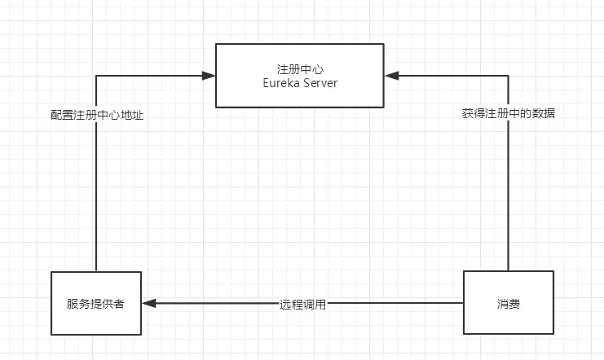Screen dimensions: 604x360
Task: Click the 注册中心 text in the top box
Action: [x=300, y=69]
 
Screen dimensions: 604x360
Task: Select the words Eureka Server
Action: [x=300, y=83]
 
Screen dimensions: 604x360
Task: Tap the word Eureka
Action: [x=281, y=83]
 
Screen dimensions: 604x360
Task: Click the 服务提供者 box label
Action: [x=95, y=304]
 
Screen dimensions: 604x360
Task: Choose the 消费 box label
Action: [x=509, y=304]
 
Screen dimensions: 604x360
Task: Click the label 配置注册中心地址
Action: [x=97, y=115]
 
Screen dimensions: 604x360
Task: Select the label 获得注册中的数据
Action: [x=509, y=113]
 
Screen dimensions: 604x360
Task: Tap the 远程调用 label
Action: [x=302, y=305]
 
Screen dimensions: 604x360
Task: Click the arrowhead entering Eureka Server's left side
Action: [x=209, y=76]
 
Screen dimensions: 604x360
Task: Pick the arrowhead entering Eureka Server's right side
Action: [x=391, y=76]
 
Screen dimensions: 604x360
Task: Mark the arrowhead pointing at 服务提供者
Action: [x=148, y=304]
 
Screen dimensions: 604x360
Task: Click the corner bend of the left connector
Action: [x=96, y=76]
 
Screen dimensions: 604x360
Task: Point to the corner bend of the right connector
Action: [x=508, y=76]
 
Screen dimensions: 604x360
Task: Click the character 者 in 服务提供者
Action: [x=119, y=304]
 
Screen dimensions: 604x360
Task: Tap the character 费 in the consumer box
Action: [x=514, y=304]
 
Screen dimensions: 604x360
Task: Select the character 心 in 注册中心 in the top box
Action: [x=318, y=69]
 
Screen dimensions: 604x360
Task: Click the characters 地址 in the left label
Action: [x=132, y=115]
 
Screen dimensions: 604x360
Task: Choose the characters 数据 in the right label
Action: [x=544, y=113]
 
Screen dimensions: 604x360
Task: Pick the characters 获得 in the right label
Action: [x=474, y=113]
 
